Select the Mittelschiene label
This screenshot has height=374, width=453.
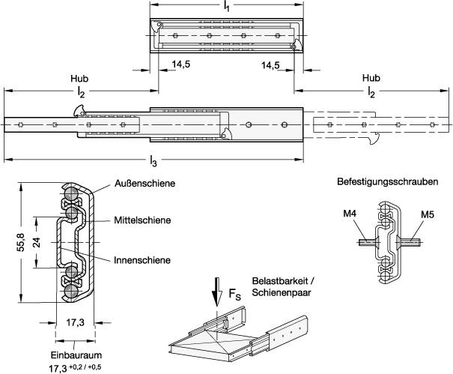tap(142, 220)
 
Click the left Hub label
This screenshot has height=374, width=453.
tap(79, 78)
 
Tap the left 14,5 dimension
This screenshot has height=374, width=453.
tap(180, 65)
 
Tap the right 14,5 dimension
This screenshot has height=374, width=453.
tap(271, 65)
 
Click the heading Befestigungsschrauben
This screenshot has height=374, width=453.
tap(388, 181)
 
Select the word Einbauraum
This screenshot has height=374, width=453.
tap(72, 355)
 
